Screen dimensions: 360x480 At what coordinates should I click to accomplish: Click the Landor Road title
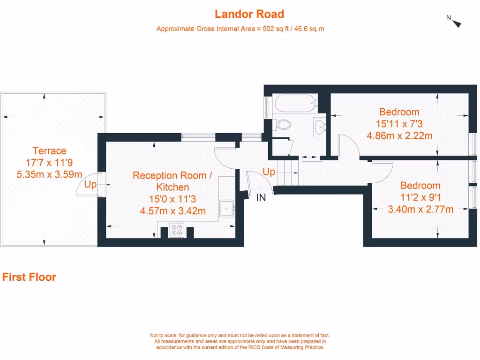tap(249, 14)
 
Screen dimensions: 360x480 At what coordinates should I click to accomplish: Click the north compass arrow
tap(457, 23)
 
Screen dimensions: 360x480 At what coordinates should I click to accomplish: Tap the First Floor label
tap(29, 277)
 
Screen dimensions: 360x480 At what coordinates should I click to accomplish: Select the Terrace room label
tap(49, 151)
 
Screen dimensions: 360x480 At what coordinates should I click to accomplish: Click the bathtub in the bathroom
tap(295, 104)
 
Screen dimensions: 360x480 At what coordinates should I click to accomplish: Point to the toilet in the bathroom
tap(282, 124)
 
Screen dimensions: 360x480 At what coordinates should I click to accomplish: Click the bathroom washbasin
tap(320, 126)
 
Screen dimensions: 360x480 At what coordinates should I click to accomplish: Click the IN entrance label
tap(261, 198)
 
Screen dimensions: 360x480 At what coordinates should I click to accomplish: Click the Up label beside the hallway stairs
tap(269, 172)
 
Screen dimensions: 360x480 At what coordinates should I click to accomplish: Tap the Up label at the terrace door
tap(90, 185)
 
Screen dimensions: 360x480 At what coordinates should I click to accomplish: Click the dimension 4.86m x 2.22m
tap(399, 136)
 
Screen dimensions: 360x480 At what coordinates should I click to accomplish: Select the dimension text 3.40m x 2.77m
tap(420, 210)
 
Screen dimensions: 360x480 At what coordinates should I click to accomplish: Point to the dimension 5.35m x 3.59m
tap(49, 174)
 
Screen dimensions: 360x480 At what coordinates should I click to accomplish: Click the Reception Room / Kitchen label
tap(172, 181)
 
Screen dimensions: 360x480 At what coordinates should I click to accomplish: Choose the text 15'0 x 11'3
tap(172, 199)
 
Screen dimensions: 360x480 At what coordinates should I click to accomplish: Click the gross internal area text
tap(240, 29)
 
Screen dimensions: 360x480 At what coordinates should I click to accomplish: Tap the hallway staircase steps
tap(288, 172)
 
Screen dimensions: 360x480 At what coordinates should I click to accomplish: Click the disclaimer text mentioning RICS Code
tap(240, 347)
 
